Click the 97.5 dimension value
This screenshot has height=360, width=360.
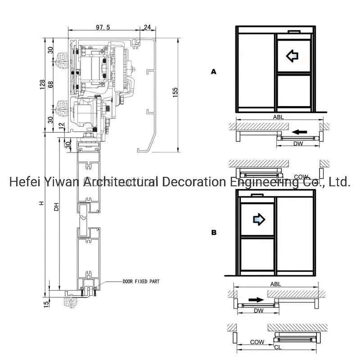point(103,27)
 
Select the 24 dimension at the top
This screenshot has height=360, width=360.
point(147,27)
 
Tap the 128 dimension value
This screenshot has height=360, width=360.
point(42,85)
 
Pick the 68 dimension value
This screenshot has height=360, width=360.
point(50,85)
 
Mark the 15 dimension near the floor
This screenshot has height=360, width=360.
point(45,304)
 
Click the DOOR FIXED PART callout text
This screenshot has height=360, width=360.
point(141,282)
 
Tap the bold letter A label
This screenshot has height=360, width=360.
point(214,71)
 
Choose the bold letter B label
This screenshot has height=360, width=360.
point(214,233)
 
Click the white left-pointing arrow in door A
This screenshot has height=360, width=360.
point(292,56)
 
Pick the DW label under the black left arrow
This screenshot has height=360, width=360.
point(298,144)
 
